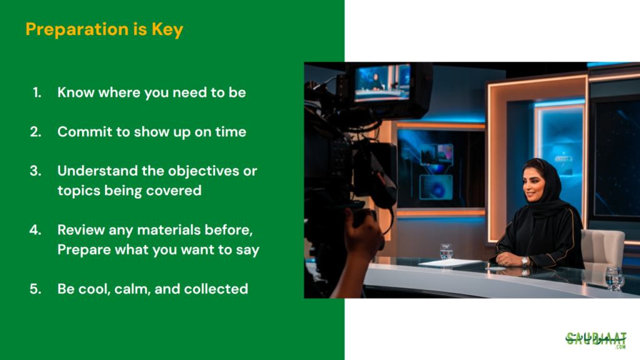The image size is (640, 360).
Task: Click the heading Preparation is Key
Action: [104, 29]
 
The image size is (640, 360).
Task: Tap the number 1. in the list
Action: [37, 92]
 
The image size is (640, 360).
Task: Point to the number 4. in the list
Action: [36, 230]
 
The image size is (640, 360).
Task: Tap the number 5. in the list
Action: [36, 289]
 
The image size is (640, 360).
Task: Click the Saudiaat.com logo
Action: [596, 340]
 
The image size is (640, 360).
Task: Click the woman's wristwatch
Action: [524, 261]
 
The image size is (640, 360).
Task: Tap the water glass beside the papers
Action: [446, 251]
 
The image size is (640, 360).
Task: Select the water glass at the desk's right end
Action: [614, 278]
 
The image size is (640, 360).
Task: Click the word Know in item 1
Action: [76, 92]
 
